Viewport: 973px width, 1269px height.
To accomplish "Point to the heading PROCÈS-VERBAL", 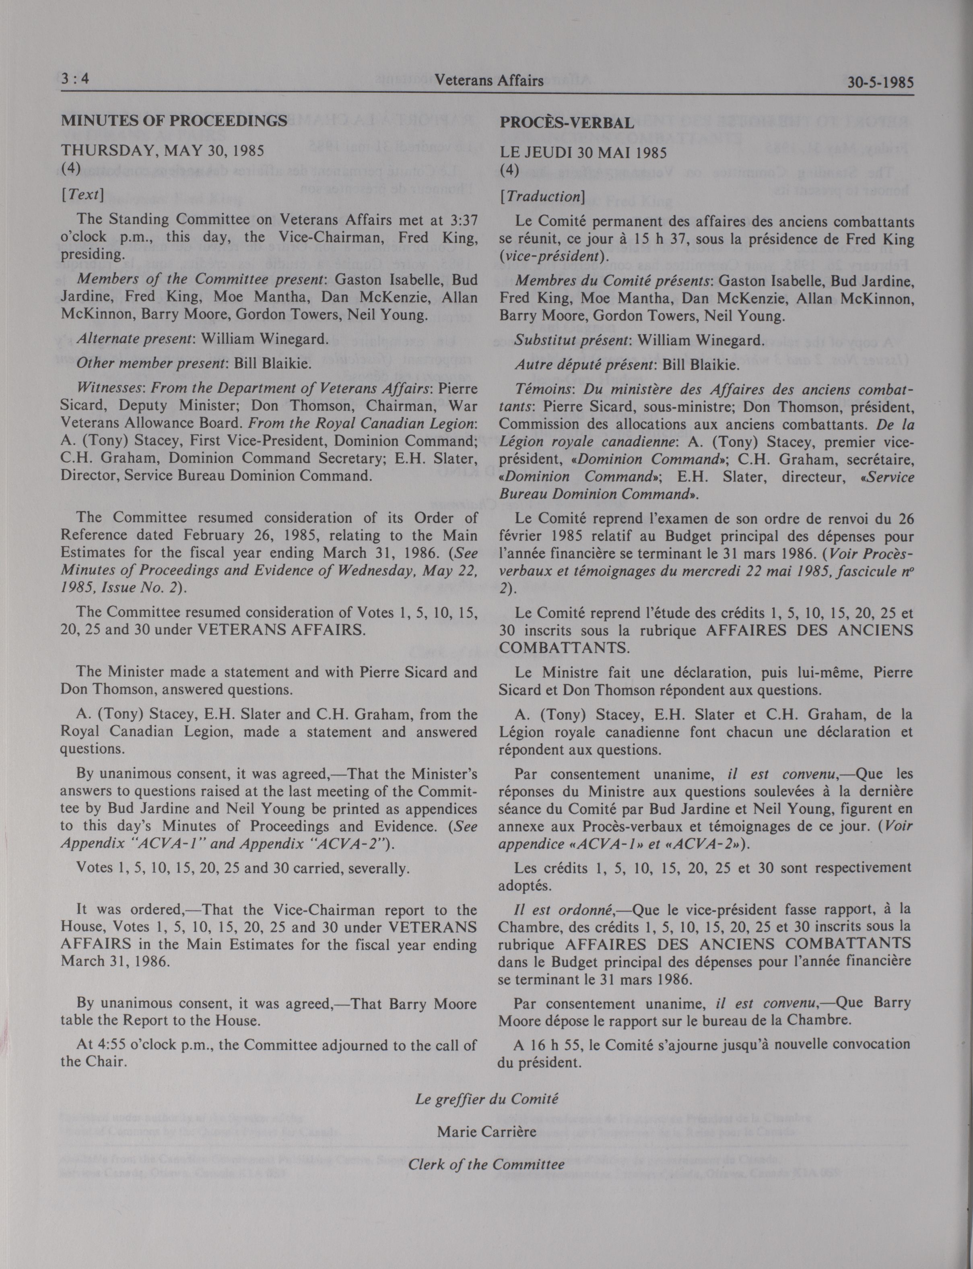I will (x=567, y=123).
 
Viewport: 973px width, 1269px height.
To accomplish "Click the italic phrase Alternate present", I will (x=134, y=338).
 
